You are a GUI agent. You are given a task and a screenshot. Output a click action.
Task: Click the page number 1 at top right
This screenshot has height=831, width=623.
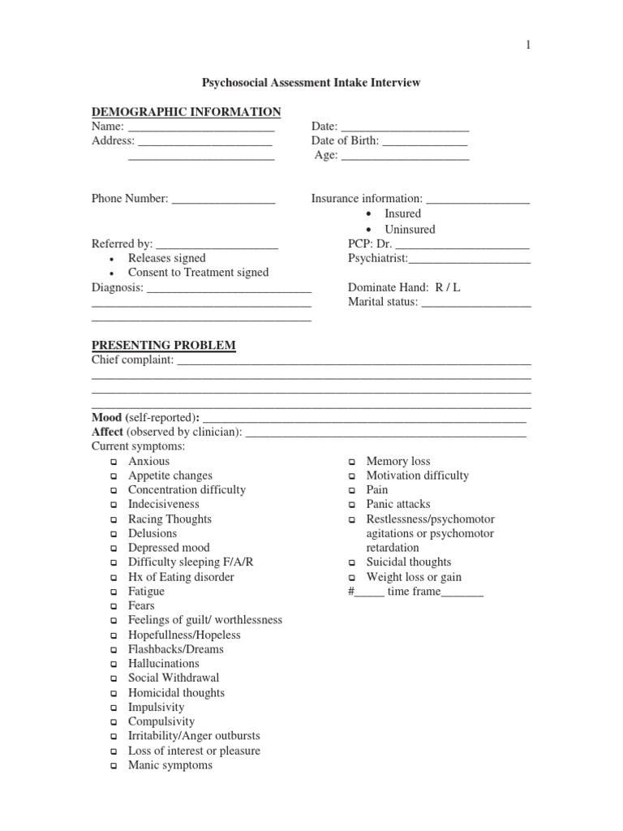[529, 45]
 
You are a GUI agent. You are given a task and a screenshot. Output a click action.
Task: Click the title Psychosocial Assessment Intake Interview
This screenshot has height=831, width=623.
[311, 83]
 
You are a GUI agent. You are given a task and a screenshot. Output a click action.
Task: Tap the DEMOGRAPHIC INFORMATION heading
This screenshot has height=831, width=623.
[186, 112]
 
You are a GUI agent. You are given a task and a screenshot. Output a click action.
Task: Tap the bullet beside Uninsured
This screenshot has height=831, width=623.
[368, 230]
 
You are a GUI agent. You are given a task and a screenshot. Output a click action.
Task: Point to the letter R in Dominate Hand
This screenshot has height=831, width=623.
[439, 287]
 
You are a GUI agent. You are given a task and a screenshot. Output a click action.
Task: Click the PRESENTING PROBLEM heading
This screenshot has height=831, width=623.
[163, 346]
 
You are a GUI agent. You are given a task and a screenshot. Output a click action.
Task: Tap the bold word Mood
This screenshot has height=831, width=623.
[106, 417]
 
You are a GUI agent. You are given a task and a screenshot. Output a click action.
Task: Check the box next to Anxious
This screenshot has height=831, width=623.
[114, 462]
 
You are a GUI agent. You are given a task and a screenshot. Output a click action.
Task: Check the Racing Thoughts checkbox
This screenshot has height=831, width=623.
[114, 520]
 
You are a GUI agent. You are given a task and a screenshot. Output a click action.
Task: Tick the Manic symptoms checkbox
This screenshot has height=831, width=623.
[114, 766]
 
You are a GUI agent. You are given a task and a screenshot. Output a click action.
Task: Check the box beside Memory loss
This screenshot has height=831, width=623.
[352, 462]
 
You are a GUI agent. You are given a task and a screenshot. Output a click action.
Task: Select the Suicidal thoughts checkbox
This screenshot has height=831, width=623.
[352, 563]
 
